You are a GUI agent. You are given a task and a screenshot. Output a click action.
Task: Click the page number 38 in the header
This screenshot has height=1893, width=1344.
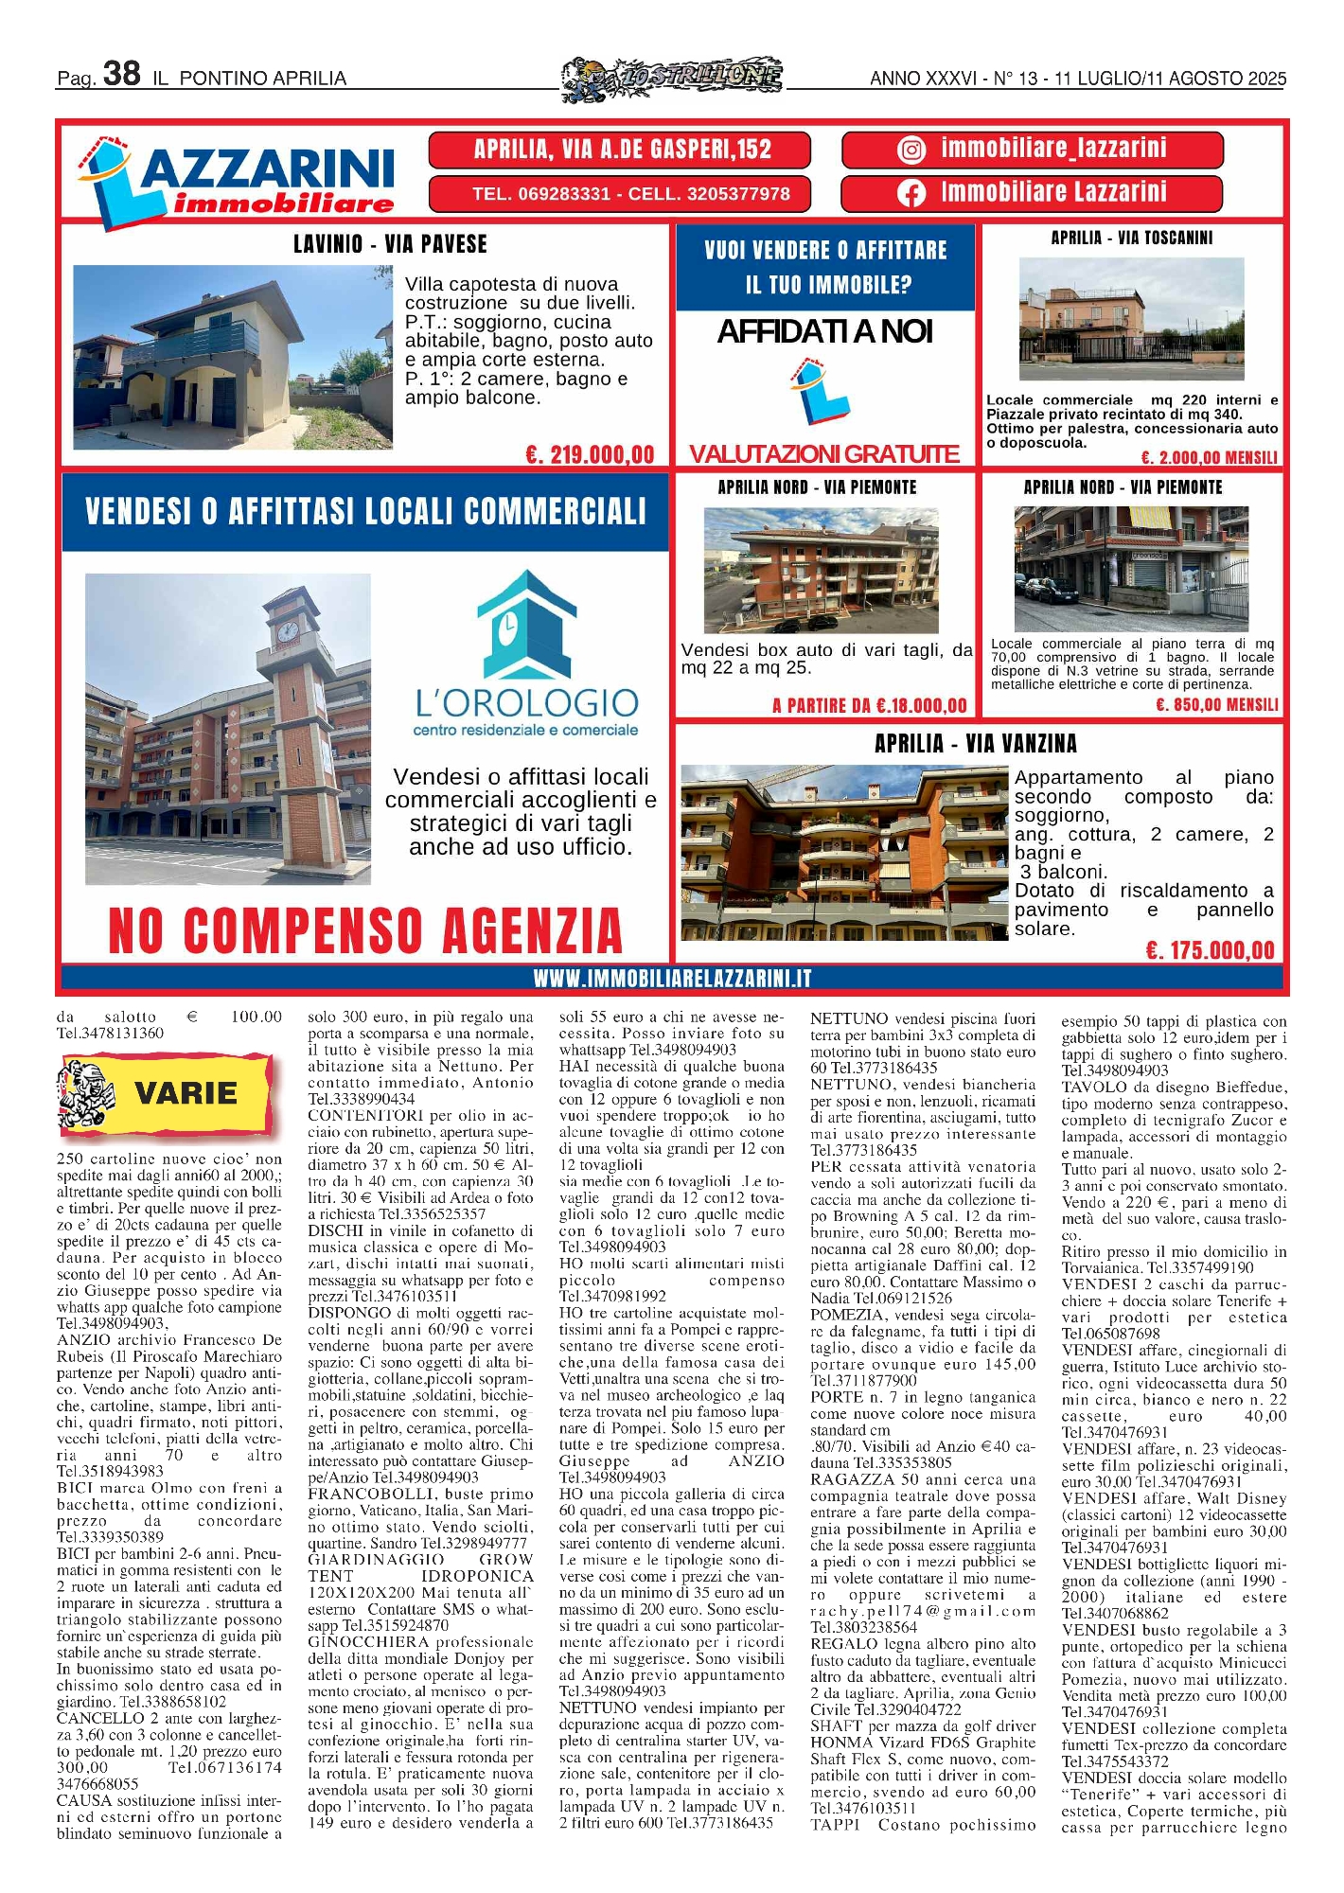click(x=121, y=73)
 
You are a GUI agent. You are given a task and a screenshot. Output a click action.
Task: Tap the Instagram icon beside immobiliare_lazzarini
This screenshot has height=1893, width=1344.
click(x=911, y=150)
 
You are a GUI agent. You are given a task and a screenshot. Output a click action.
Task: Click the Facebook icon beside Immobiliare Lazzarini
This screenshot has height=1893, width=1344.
click(x=911, y=193)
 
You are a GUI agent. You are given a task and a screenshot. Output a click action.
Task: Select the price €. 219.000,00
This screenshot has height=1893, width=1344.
click(x=590, y=454)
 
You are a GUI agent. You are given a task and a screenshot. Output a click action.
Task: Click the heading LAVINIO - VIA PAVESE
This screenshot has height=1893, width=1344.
click(x=390, y=244)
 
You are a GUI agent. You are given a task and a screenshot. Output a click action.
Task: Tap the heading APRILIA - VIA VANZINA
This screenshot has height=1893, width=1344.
click(x=975, y=743)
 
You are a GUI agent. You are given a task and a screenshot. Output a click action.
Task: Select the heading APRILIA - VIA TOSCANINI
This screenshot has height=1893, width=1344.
click(x=1131, y=238)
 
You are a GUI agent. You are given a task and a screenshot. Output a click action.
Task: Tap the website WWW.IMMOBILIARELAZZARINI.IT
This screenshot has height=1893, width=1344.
click(x=672, y=979)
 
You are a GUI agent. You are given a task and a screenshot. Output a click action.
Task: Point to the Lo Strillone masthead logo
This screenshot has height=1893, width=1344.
click(x=672, y=76)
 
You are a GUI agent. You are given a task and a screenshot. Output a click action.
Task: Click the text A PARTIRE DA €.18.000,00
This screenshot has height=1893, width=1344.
click(x=869, y=705)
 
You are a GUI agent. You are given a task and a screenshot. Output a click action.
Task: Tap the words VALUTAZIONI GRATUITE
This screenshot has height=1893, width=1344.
click(x=823, y=453)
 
